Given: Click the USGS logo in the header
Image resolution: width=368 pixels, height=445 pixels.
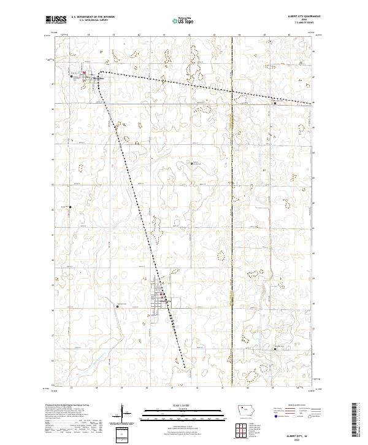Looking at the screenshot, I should (x=56, y=20).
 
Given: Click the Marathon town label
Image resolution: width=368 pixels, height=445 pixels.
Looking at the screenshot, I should (x=99, y=79).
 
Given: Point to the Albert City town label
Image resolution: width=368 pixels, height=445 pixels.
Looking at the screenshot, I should (x=164, y=301).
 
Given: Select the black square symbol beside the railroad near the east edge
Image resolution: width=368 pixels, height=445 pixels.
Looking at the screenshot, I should (x=275, y=103).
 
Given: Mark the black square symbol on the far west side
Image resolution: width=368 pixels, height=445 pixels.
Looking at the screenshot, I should (x=70, y=206).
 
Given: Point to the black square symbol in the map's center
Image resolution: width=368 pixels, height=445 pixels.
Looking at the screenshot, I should (x=192, y=163).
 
